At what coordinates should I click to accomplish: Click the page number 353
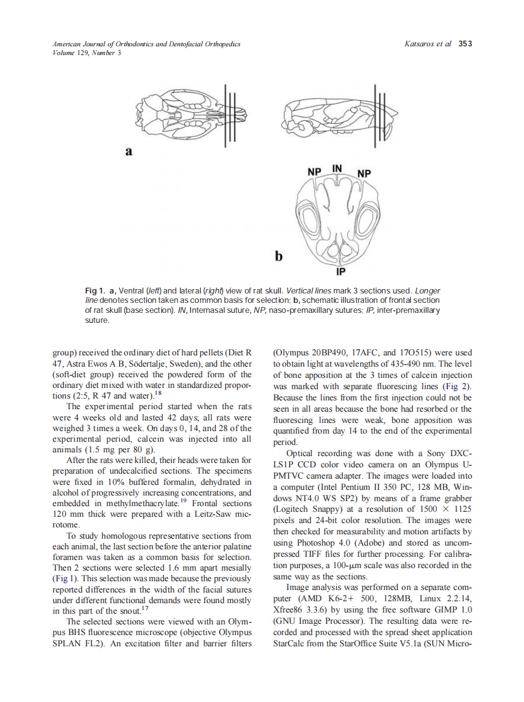(465, 44)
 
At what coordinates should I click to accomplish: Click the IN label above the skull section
(337, 168)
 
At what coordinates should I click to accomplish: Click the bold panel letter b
(278, 256)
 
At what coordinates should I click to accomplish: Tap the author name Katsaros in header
(422, 44)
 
